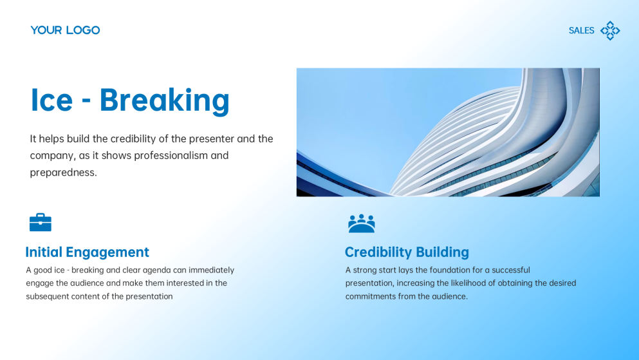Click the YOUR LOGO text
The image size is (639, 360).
65,30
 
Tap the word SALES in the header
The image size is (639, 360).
581,30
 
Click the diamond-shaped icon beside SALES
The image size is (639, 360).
610,30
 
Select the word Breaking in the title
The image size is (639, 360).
164,100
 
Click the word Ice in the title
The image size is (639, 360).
51,100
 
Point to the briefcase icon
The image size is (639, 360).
41,222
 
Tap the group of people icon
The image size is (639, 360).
361,223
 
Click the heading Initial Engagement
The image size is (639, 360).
87,252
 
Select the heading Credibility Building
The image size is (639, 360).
407,252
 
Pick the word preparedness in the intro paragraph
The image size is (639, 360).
63,172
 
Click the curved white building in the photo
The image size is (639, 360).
489,135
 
